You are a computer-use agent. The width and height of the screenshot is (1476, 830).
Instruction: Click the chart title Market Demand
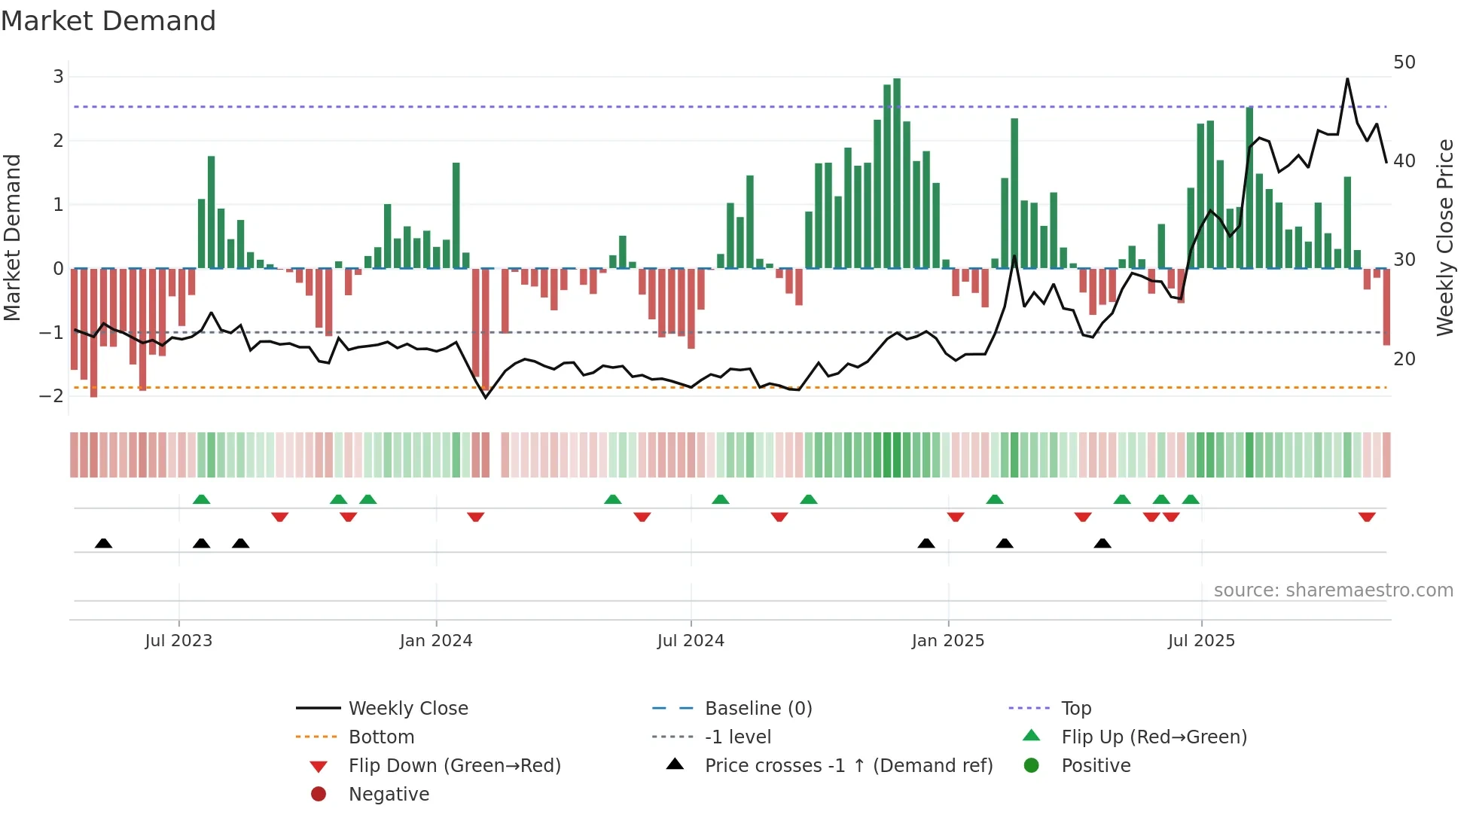pyautogui.click(x=108, y=20)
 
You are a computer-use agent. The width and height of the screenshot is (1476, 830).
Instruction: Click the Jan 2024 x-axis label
pyautogui.click(x=435, y=641)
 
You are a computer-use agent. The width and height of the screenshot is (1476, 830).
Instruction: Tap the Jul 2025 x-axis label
pyautogui.click(x=1201, y=641)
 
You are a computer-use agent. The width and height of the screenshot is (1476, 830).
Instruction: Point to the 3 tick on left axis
pyautogui.click(x=58, y=77)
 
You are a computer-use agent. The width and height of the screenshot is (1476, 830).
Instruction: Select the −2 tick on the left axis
pyautogui.click(x=52, y=396)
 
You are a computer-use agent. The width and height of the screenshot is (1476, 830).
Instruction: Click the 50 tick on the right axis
pyautogui.click(x=1404, y=63)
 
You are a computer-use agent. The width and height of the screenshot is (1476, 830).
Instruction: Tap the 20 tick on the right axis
pyautogui.click(x=1404, y=359)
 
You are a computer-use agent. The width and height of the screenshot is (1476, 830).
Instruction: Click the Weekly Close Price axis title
pyautogui.click(x=1444, y=237)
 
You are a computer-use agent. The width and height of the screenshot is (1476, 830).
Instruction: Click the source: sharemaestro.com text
pyautogui.click(x=1333, y=590)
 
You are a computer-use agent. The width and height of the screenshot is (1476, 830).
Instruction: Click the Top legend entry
pyautogui.click(x=1075, y=709)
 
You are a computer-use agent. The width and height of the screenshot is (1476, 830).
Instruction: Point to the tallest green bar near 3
pyautogui.click(x=896, y=173)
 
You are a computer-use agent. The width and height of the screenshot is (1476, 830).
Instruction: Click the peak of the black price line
pyautogui.click(x=1347, y=79)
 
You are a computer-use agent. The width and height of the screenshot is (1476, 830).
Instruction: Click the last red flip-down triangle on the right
pyautogui.click(x=1367, y=517)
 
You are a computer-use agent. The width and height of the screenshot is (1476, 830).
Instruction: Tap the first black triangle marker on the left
pyautogui.click(x=104, y=543)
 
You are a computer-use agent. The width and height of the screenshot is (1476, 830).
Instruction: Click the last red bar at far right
pyautogui.click(x=1386, y=307)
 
